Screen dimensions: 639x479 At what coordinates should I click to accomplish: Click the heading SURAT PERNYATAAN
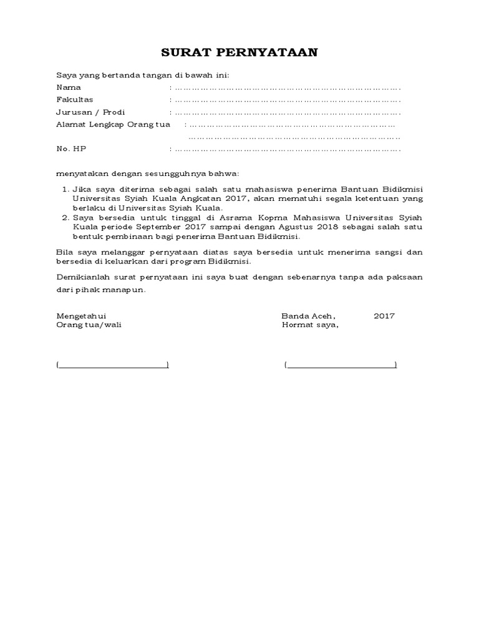click(x=239, y=52)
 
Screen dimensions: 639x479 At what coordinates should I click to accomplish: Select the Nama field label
click(x=69, y=87)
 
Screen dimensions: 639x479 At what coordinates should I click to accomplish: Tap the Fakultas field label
click(x=75, y=100)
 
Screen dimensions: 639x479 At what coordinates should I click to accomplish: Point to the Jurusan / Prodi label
click(x=90, y=112)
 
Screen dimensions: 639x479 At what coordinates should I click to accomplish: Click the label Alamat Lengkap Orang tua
click(x=113, y=125)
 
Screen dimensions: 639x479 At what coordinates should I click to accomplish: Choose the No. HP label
click(x=71, y=149)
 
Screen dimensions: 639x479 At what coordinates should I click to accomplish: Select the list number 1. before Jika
click(x=65, y=188)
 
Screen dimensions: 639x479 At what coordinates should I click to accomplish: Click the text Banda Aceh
click(x=304, y=316)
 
